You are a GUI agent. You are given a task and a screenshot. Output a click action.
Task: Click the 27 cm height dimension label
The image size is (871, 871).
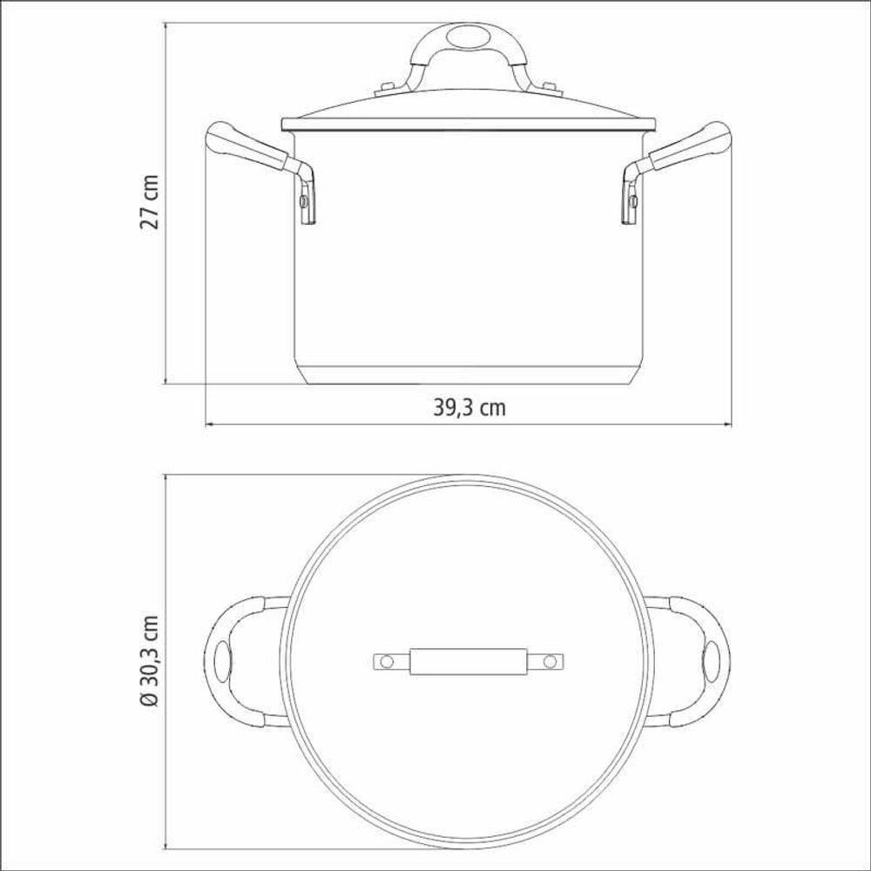click(150, 202)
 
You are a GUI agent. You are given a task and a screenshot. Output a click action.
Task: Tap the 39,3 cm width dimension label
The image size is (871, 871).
click(469, 408)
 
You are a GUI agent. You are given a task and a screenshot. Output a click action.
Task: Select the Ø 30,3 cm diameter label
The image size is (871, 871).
click(150, 660)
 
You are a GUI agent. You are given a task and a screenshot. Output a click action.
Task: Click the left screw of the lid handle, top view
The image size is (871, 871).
click(388, 662)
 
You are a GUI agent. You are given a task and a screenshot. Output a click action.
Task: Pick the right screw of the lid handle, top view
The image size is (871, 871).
click(550, 662)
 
